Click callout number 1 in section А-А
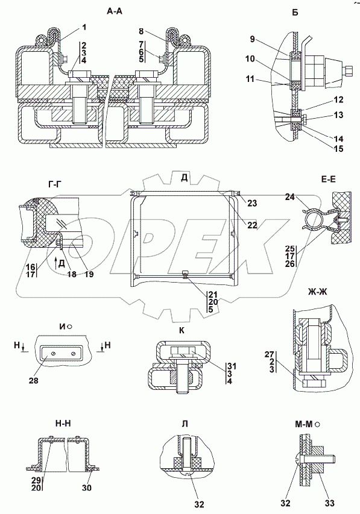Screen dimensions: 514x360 (x=84, y=27)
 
